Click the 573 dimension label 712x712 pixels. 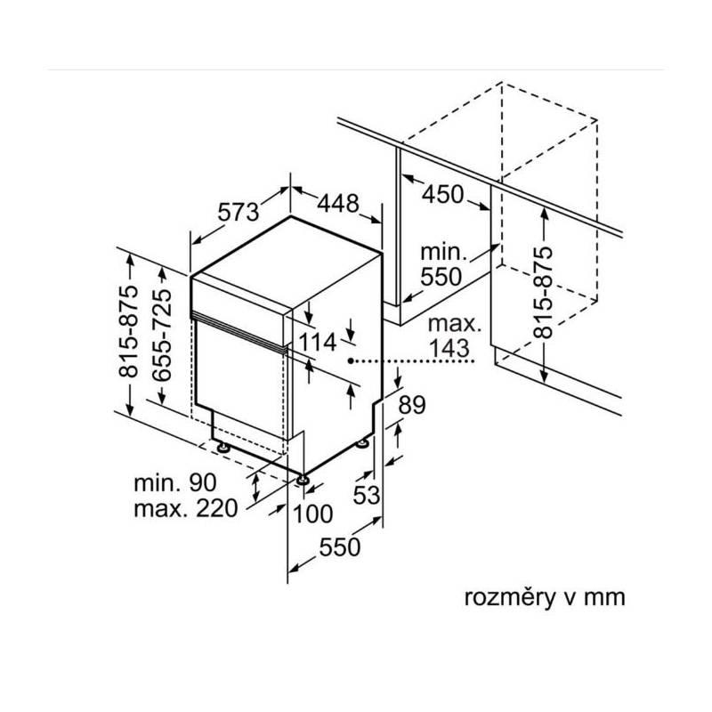click(239, 212)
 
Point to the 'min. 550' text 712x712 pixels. click(442, 264)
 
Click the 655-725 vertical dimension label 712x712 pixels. click(164, 336)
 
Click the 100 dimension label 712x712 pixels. click(311, 514)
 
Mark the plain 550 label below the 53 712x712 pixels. click(340, 548)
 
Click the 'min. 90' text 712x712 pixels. click(175, 483)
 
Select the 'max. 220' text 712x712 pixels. click(184, 509)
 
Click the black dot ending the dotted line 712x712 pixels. click(352, 361)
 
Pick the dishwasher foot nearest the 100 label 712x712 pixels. click(304, 480)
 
